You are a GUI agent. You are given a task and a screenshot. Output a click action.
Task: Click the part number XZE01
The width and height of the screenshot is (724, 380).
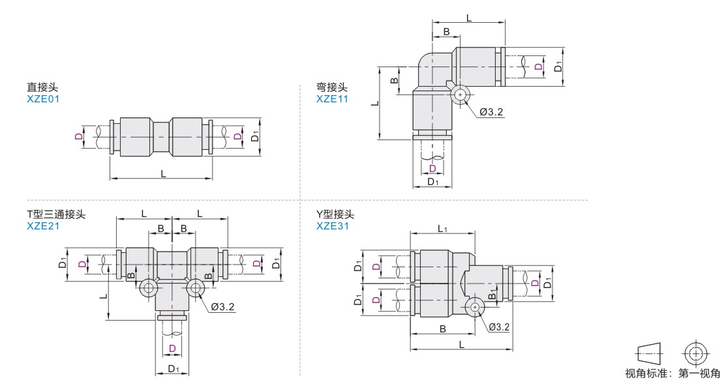43,98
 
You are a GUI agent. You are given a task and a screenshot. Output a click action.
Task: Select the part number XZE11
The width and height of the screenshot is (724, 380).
333,98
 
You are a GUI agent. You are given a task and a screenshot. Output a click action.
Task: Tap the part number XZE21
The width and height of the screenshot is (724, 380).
43,226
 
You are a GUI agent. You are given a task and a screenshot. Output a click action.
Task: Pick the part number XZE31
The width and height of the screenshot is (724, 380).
333,226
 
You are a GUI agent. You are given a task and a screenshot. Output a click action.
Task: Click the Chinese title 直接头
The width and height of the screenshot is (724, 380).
42,87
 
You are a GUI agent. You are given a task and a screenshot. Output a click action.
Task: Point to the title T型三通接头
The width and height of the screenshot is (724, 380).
56,214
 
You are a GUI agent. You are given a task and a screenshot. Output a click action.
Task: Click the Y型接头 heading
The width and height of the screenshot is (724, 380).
335,214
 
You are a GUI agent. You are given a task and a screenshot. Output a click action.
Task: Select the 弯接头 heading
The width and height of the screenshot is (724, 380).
332,87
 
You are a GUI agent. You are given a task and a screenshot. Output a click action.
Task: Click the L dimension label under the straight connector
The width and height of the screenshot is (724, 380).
163,173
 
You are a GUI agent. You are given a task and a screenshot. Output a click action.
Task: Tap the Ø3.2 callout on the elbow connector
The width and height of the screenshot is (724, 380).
491,111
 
